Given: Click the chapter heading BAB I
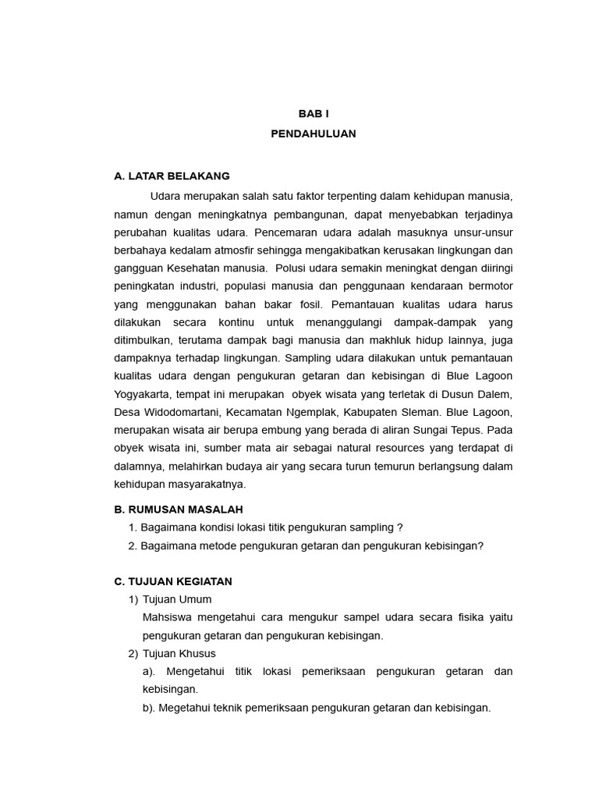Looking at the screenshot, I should (314, 113).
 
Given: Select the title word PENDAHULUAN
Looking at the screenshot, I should (314, 133).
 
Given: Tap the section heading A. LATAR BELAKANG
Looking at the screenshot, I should (172, 176).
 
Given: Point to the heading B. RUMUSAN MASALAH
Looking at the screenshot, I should (179, 509).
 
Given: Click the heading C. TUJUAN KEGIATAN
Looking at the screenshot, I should (173, 581).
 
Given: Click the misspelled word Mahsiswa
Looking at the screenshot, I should (167, 617).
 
